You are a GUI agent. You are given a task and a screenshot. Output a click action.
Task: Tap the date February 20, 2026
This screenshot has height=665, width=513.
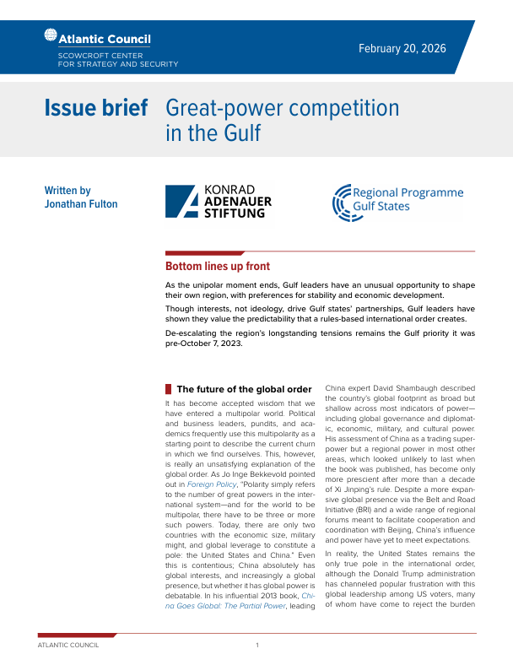tap(402, 48)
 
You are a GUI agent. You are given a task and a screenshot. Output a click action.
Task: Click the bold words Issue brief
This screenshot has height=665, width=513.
tap(96, 108)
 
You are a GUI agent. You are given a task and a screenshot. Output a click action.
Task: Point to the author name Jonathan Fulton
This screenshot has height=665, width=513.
tap(81, 204)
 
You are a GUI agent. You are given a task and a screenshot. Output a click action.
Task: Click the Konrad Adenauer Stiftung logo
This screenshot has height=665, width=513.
tap(221, 203)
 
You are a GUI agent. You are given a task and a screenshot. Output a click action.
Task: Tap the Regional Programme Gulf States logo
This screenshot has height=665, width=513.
tap(398, 203)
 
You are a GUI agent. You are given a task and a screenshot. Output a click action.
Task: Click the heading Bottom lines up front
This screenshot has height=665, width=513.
tap(218, 266)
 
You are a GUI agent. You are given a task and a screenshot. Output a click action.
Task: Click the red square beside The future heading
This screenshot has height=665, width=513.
tap(169, 388)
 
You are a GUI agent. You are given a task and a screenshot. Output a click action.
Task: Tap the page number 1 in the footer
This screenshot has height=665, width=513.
tap(256, 645)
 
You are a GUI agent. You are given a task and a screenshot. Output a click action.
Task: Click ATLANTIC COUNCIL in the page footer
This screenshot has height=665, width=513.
tap(68, 645)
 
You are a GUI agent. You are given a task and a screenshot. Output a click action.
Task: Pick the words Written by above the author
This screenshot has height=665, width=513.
tap(67, 191)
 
